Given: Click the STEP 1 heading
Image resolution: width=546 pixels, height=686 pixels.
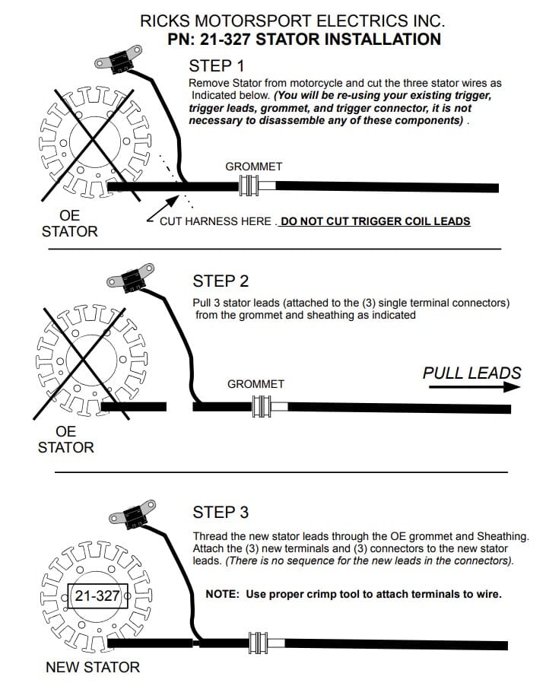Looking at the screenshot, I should (216, 65).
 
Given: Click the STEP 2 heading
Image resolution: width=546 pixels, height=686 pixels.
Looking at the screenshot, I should (221, 281).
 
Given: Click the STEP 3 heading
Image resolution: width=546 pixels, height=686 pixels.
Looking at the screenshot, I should (221, 512).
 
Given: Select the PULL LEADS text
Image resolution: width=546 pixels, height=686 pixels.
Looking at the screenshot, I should (471, 373).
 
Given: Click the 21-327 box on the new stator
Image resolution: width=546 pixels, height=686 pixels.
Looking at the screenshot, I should (97, 595).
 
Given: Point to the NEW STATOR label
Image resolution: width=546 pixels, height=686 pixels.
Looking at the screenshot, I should (93, 667).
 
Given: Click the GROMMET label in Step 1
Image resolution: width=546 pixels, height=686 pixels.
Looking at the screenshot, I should (253, 167).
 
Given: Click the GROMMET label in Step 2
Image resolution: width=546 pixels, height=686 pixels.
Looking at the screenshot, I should (256, 384).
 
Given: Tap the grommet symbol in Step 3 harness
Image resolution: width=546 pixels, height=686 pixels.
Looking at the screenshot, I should (256, 644).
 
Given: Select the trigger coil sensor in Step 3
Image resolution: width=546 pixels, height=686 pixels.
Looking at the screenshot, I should (132, 513).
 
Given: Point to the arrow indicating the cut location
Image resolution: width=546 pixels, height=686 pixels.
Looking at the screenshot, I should (167, 205).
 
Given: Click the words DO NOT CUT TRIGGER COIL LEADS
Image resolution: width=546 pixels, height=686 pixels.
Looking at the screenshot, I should (376, 221).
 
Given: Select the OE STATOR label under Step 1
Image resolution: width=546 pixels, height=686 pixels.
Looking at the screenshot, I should (69, 224).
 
